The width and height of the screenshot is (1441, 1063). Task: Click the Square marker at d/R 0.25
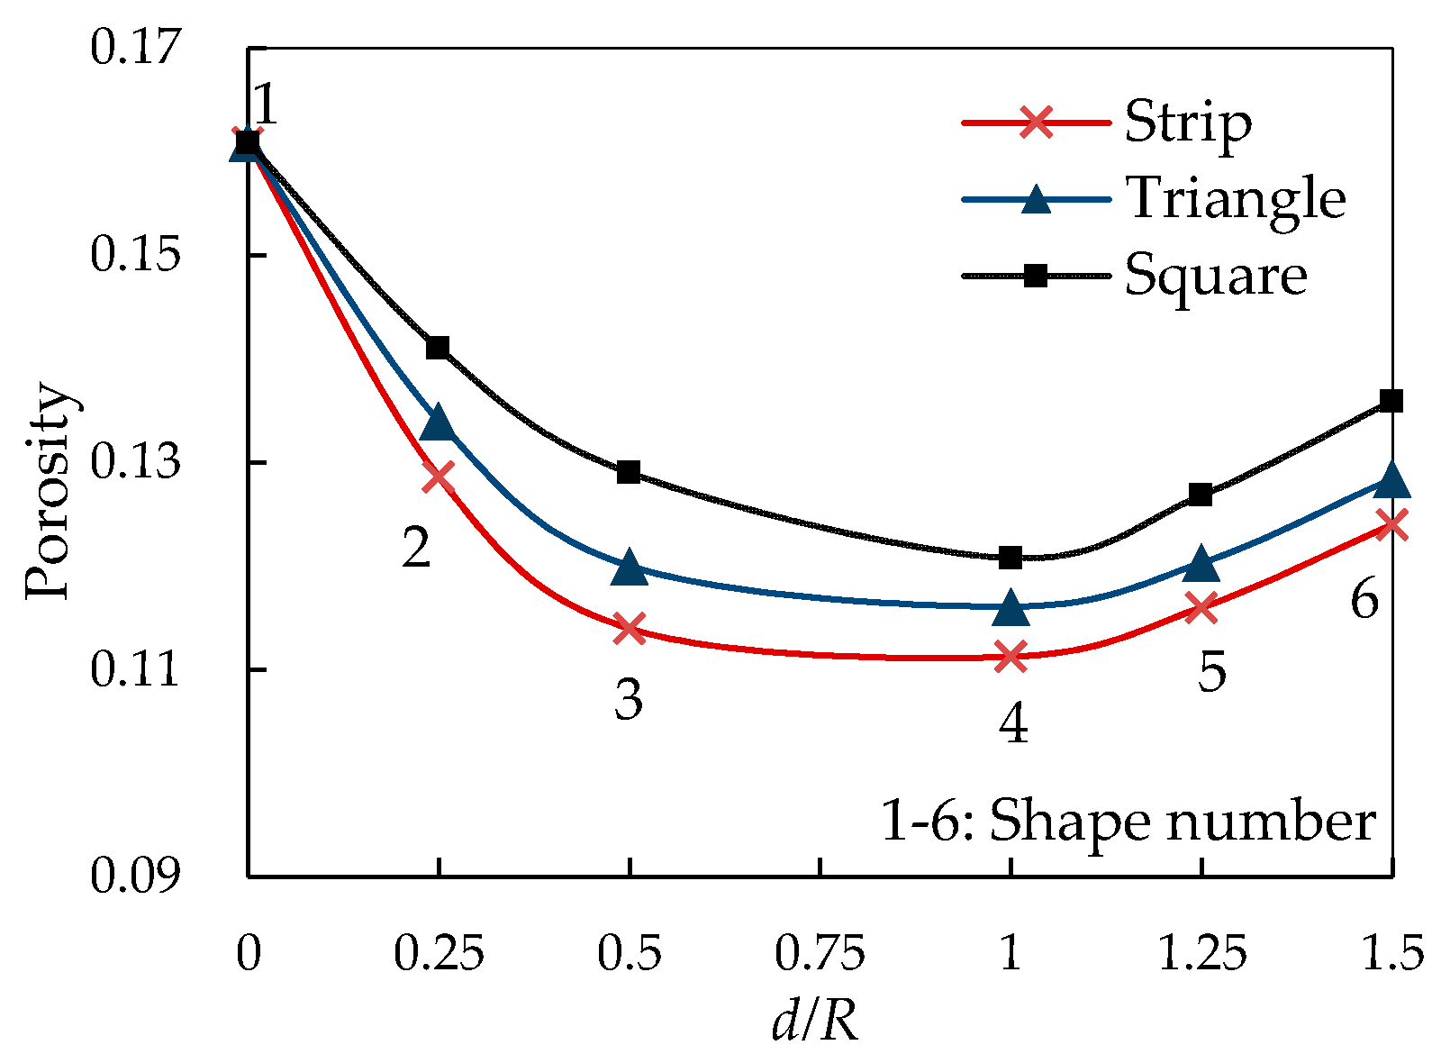(438, 348)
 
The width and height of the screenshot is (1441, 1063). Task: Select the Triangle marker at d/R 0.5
(629, 568)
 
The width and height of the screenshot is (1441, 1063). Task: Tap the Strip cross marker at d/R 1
(1011, 656)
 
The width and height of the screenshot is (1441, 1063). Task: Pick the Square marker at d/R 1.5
(1391, 401)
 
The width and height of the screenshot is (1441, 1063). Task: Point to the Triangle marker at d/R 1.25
(1201, 564)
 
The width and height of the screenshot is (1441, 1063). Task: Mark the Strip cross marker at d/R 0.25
(438, 476)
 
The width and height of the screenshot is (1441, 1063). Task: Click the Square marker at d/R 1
(1011, 558)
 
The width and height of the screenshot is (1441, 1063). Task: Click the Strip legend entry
(1187, 122)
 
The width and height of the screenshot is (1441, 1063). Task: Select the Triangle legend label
(1236, 198)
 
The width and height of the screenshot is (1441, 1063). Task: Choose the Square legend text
(1216, 275)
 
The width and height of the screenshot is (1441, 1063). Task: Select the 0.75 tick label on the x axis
(820, 953)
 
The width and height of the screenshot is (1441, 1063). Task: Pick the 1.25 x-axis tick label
(1201, 953)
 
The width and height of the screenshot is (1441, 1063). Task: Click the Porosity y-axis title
(47, 494)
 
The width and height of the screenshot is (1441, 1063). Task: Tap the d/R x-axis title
(815, 1023)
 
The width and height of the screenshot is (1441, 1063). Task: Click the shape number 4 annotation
(1013, 722)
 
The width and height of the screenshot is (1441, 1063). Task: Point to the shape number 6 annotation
(1364, 598)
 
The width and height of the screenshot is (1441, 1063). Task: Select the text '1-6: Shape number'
(1128, 822)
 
